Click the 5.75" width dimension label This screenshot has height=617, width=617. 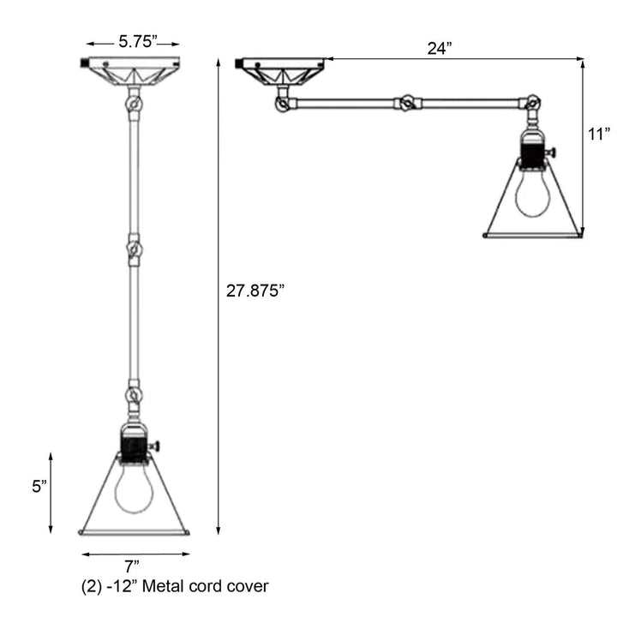pyautogui.click(x=138, y=41)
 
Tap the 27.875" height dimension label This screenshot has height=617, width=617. pyautogui.click(x=255, y=291)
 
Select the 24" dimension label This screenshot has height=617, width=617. pyautogui.click(x=440, y=48)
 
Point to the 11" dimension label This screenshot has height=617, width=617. pyautogui.click(x=599, y=135)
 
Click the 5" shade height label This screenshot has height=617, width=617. pyautogui.click(x=39, y=487)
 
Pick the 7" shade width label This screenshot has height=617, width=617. pyautogui.click(x=132, y=566)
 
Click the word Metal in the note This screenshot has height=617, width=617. pyautogui.click(x=163, y=586)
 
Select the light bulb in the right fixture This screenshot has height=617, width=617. pyautogui.click(x=533, y=194)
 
